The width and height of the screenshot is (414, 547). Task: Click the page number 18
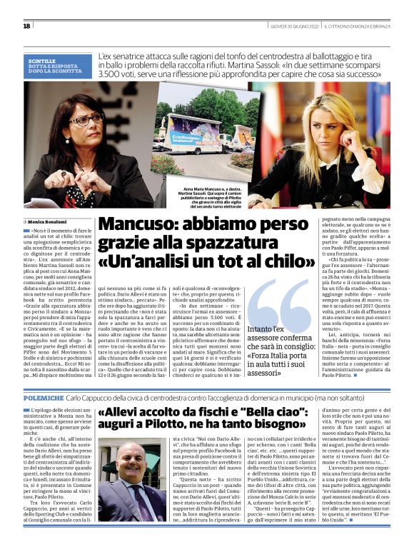[27, 26]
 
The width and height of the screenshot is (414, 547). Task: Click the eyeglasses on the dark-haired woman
[86, 119]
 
